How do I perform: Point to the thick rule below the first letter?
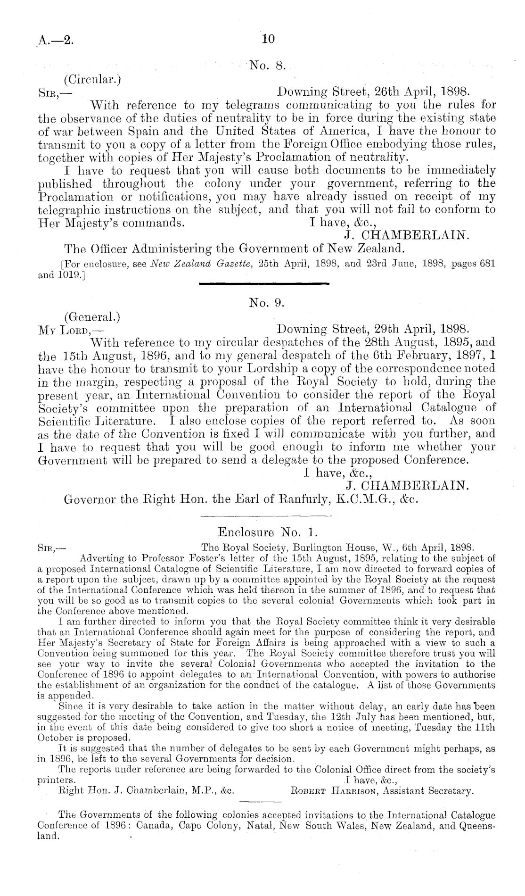(264, 283)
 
